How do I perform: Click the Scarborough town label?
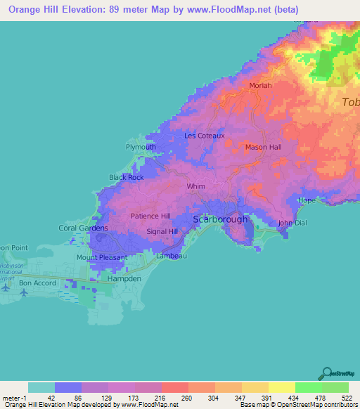220,219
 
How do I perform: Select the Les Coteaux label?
204,136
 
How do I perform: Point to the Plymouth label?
141,147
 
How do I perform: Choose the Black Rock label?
127,178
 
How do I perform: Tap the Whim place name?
195,187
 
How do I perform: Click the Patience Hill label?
150,216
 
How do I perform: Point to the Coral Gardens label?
83,228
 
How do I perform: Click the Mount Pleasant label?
102,257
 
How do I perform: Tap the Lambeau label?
171,257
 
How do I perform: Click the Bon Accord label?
37,283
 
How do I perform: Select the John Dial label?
292,223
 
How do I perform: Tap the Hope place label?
307,200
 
